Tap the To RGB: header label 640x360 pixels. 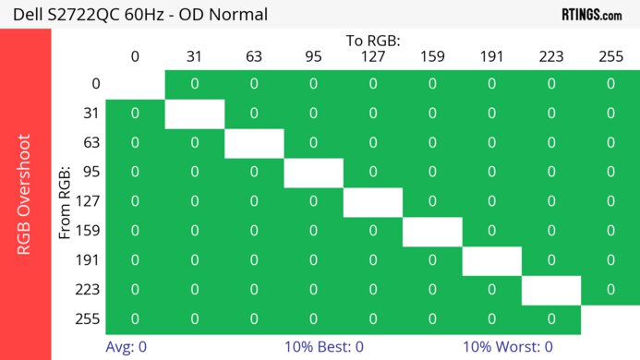pos(373,42)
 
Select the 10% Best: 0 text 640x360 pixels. pos(324,347)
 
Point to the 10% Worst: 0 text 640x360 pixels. pos(508,347)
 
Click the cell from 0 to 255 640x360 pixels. pos(610,84)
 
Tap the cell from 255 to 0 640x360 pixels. pos(135,318)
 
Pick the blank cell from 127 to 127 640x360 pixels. pos(373,201)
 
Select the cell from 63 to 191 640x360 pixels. pos(491,143)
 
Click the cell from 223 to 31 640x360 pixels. pos(194,290)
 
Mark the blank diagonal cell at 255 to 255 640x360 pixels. pos(610,318)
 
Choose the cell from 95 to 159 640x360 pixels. pos(432,173)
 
